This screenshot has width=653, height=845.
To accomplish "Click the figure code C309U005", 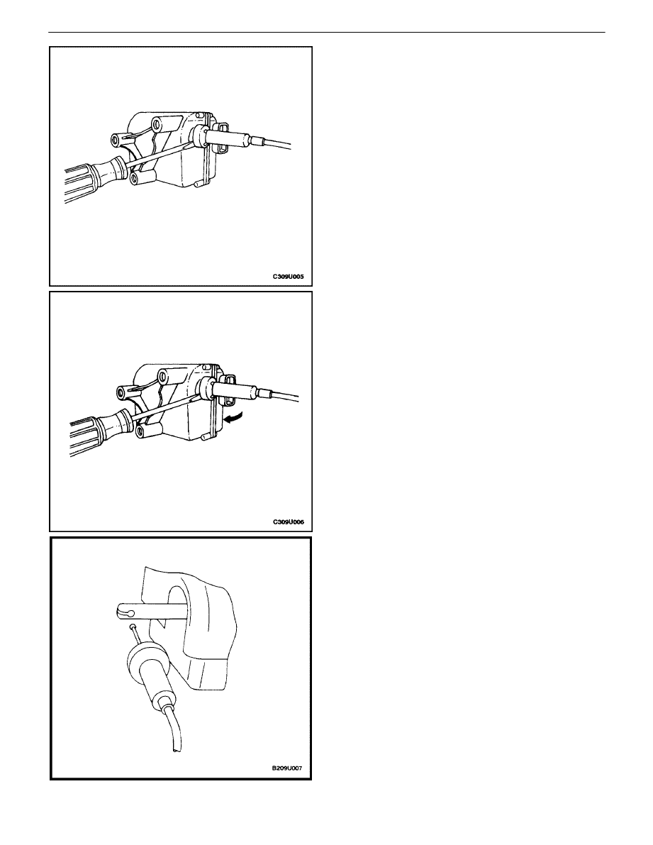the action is click(288, 277).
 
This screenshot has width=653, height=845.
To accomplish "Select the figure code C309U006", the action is click(288, 521).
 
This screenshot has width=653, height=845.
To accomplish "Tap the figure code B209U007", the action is click(290, 768).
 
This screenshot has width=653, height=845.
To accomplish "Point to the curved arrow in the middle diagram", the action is click(233, 418).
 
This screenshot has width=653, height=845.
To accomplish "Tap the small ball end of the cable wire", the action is click(133, 627).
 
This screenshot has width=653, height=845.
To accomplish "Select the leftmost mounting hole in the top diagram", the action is click(115, 140).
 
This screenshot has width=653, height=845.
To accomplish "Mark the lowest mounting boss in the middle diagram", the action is click(149, 429).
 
